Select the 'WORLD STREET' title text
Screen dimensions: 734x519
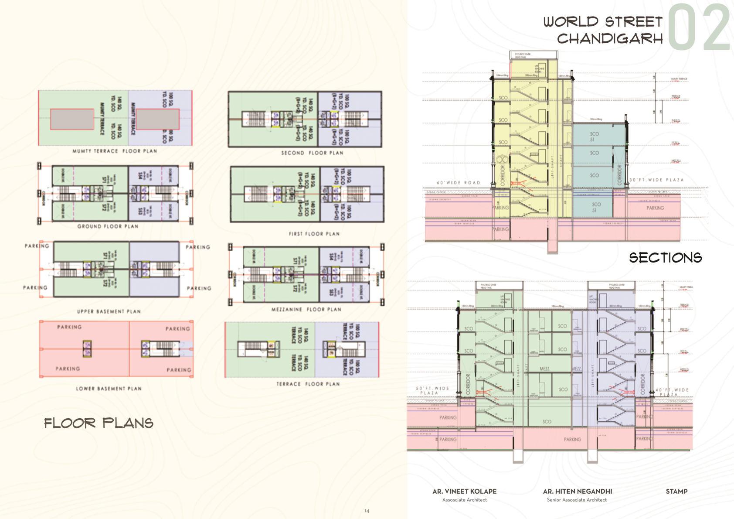coord(603,22)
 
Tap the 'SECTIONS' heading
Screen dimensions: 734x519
coord(665,258)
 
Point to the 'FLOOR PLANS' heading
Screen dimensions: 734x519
coord(99,423)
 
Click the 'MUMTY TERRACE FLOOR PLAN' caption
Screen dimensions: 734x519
coord(115,151)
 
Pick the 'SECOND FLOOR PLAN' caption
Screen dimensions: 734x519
coord(312,153)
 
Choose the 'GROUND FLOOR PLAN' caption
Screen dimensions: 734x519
coord(108,226)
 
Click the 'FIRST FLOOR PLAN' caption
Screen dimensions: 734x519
coord(314,234)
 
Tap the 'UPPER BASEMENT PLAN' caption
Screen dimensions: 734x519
coord(109,311)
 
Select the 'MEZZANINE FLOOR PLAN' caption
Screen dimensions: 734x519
coord(306,309)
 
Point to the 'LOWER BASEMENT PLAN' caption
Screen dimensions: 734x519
coord(109,388)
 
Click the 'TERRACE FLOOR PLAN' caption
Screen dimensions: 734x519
coord(308,384)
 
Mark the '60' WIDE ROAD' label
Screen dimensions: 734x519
coord(459,183)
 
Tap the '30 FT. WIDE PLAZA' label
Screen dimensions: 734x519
coord(656,180)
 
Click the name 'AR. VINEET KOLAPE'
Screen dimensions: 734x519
coord(464,491)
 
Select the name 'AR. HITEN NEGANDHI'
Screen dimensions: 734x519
coord(577,491)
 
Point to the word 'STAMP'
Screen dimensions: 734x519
coord(676,491)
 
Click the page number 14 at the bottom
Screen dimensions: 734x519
coord(367,511)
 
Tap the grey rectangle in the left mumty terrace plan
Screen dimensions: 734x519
coord(72,120)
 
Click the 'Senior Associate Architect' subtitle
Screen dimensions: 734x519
coord(577,500)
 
